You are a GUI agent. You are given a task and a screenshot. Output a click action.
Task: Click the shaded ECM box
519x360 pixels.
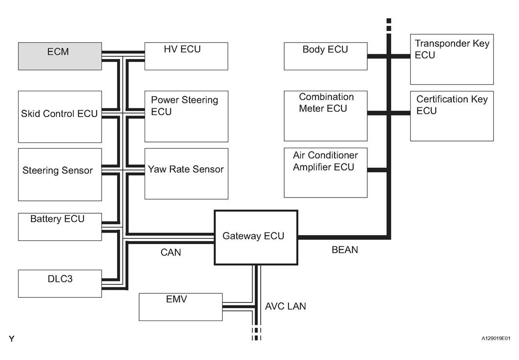[x=60, y=56]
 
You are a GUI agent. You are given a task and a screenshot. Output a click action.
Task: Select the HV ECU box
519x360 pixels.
[x=186, y=56]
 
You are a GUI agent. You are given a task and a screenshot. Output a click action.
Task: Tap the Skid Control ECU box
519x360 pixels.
[x=60, y=117]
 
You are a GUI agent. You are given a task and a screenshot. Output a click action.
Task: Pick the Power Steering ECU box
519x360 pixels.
[x=186, y=117]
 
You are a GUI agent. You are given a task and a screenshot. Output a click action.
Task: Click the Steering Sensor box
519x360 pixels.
[x=60, y=174]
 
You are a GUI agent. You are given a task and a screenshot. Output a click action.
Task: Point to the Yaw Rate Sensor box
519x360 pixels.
[x=186, y=173]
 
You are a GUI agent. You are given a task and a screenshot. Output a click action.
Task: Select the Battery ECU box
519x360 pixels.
[x=60, y=226]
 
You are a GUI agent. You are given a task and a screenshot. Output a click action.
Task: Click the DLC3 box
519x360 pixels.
[x=60, y=283]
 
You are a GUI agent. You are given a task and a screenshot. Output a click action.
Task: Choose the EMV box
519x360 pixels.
[x=181, y=307]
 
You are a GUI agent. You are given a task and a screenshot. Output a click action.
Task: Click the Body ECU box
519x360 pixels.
[x=326, y=56]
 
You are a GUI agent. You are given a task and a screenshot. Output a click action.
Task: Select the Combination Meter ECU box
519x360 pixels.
[x=326, y=116]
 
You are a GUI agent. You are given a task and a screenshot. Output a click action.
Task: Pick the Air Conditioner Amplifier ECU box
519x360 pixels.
[x=326, y=173]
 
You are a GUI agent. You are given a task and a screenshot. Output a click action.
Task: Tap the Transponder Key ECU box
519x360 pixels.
[x=452, y=59]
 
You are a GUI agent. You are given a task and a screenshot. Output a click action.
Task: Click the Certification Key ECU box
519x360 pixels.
[x=452, y=116]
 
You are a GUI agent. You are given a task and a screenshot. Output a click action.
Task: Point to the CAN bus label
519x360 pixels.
[x=171, y=252]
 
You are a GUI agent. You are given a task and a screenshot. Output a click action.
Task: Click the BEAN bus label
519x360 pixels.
[x=345, y=250]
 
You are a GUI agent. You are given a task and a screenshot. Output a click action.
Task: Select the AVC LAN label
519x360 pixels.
[x=286, y=307]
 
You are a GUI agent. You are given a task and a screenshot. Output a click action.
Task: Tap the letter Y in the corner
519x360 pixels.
[x=11, y=339]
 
